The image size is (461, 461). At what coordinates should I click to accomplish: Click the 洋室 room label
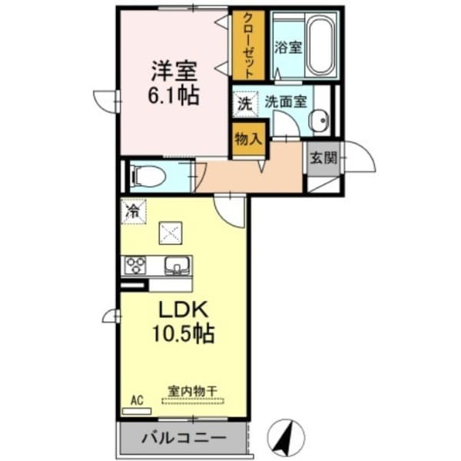click(174, 71)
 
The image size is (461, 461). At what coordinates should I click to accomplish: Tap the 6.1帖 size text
click(174, 95)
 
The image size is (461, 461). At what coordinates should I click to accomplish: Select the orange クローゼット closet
click(249, 45)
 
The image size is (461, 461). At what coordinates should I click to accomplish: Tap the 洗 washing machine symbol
click(244, 101)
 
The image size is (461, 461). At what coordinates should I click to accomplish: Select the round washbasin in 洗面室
click(318, 119)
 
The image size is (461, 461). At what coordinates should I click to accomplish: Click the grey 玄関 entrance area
click(323, 158)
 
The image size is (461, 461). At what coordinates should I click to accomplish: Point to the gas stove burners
click(137, 266)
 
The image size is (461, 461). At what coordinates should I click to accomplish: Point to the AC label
click(137, 400)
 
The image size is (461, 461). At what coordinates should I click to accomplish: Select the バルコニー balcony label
click(183, 439)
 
